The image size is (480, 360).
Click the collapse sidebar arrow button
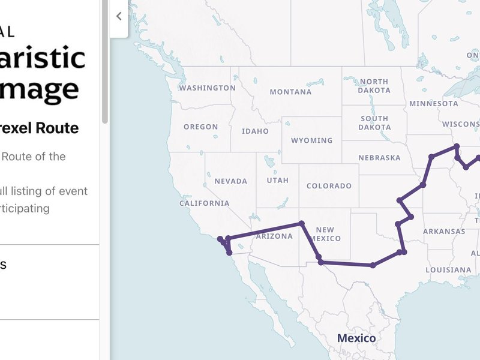pyautogui.click(x=119, y=17)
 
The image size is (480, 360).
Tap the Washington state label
pyautogui.click(x=208, y=88)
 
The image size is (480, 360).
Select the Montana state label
pyautogui.click(x=290, y=92)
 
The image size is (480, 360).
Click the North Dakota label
pyautogui.click(x=374, y=86)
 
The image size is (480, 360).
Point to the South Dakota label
pyautogui.click(x=374, y=122)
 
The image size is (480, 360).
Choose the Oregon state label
pyautogui.click(x=200, y=127)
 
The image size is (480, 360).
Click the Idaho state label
pyautogui.click(x=255, y=131)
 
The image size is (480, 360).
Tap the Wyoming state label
pyautogui.click(x=311, y=140)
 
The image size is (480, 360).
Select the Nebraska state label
pyautogui.click(x=379, y=158)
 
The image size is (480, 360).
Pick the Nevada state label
pyautogui.click(x=230, y=181)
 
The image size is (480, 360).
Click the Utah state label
pyautogui.click(x=278, y=180)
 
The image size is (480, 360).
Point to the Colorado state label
pyautogui.click(x=329, y=185)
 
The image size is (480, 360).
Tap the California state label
pyautogui.click(x=204, y=203)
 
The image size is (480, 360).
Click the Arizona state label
pyautogui.click(x=274, y=236)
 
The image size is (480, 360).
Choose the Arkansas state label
pyautogui.click(x=443, y=231)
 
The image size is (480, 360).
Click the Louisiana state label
pyautogui.click(x=448, y=269)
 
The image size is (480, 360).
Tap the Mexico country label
pyautogui.click(x=356, y=338)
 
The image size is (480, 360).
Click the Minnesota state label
pyautogui.click(x=433, y=103)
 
